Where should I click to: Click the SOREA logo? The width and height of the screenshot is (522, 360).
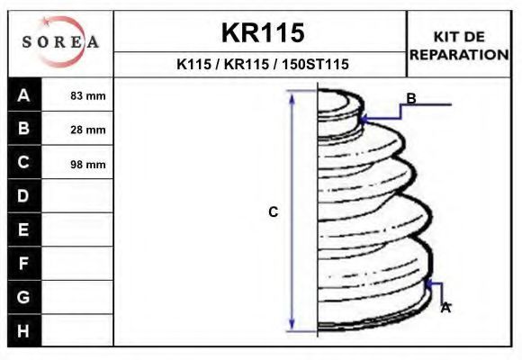coord(60,41)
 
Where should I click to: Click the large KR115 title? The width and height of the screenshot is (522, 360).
coord(263,32)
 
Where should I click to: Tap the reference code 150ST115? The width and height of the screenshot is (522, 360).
coord(315,64)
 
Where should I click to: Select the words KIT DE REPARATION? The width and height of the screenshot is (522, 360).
coord(459,46)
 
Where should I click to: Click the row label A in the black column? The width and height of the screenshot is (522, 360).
coord(23,95)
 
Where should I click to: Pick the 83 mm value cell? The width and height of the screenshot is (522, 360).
coord(88,96)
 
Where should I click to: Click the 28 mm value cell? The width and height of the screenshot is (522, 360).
coord(88,130)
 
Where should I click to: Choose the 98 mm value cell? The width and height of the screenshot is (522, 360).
coord(88,164)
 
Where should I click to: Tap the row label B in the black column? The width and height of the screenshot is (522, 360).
coord(23,128)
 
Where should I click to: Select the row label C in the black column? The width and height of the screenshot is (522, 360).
coord(23,162)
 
